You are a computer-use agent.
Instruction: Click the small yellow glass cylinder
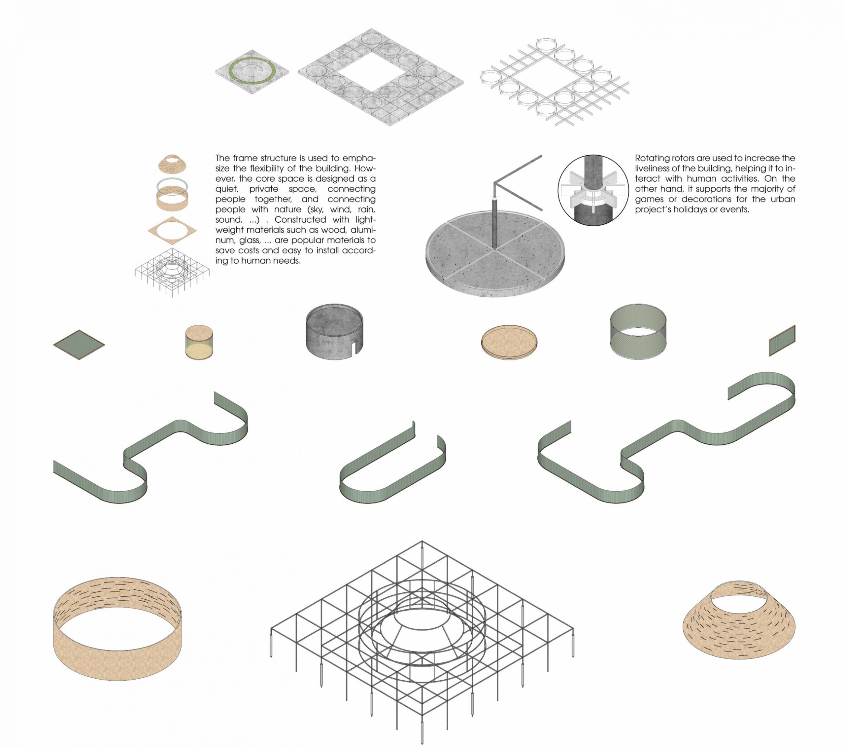pyautogui.click(x=199, y=342)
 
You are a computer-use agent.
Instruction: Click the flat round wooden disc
pyautogui.click(x=509, y=342)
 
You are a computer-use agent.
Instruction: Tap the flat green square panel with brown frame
pyautogui.click(x=79, y=345)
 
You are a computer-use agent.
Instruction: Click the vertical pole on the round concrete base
pyautogui.click(x=494, y=223)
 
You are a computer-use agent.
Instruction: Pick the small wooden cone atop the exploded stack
pyautogui.click(x=172, y=164)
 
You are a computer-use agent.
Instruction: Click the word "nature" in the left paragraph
pyautogui.click(x=288, y=209)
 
